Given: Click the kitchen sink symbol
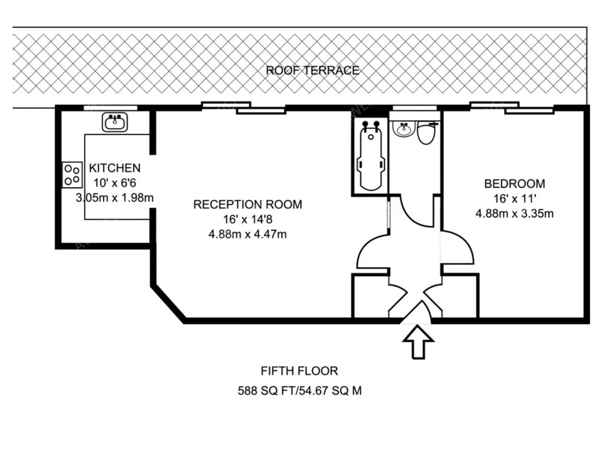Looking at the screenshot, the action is [x=115, y=122].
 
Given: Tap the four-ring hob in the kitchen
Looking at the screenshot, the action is [x=72, y=175].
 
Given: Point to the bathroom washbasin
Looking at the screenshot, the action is [x=403, y=129].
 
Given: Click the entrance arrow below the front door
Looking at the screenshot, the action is [x=418, y=342].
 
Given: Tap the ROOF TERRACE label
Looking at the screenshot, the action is [x=313, y=70].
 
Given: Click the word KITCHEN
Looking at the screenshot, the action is [x=115, y=168].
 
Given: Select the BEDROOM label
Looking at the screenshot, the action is [x=515, y=184].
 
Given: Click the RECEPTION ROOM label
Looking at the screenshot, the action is [x=247, y=204].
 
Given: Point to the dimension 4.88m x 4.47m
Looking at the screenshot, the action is [x=247, y=234].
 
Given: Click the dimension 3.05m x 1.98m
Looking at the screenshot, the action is [x=115, y=198].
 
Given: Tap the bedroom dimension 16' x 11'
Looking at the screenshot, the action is [x=515, y=199].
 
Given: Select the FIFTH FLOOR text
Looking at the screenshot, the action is [x=299, y=371].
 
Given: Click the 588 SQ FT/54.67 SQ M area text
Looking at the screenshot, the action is [x=300, y=391].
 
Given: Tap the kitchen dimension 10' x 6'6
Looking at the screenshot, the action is [x=115, y=183].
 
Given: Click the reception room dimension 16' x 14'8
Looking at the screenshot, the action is [x=247, y=220].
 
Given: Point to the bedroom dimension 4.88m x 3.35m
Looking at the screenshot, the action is [x=515, y=214].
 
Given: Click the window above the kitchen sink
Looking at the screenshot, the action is [x=111, y=108].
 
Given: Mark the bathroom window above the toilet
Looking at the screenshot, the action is [x=414, y=108].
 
